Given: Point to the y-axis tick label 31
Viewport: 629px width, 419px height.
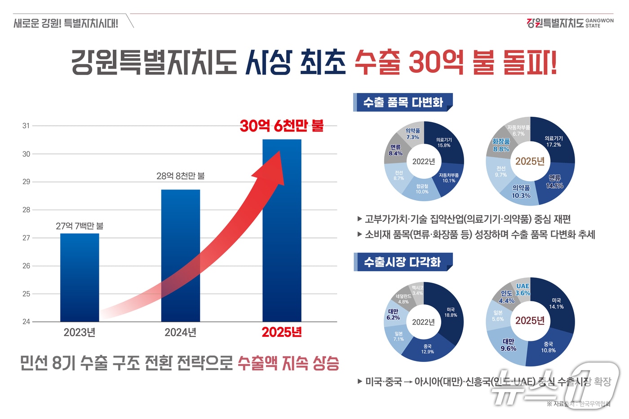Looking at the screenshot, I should [x=26, y=126].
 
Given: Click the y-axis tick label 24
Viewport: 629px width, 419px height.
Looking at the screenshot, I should [x=26, y=322].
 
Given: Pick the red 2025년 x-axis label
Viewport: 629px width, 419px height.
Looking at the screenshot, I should [x=282, y=332].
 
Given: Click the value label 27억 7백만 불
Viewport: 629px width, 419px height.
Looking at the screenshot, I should [x=80, y=226].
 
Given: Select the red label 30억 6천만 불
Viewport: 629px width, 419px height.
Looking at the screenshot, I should [x=282, y=126].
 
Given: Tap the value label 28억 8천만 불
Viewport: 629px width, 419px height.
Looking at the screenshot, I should [x=181, y=176].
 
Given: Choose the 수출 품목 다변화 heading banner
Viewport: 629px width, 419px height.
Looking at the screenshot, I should [x=403, y=102].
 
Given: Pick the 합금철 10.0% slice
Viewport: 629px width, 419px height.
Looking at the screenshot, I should [x=422, y=189].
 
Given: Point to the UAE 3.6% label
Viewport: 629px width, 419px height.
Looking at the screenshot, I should [x=523, y=290].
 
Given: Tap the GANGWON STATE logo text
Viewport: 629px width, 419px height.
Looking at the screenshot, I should [x=599, y=23].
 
